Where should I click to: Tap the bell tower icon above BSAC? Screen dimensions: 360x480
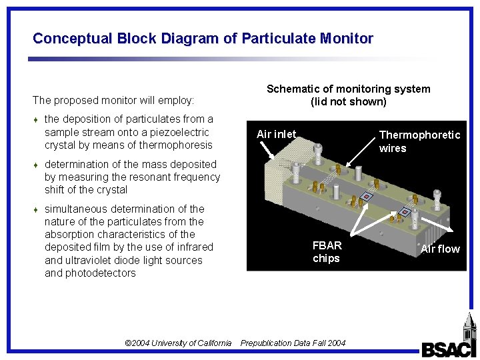[x=469, y=327]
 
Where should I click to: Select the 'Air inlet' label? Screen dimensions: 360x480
[x=276, y=134]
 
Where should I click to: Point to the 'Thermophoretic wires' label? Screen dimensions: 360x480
[x=419, y=141]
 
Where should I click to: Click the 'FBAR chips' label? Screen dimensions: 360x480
[x=327, y=252]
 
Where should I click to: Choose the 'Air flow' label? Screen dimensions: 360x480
[x=440, y=249]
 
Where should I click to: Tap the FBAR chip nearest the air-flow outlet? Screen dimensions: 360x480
[x=404, y=213]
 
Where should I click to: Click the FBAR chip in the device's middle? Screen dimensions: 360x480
[x=365, y=197]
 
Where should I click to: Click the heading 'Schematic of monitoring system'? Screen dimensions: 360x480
[x=348, y=89]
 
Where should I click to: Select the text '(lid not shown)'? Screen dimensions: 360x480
[x=348, y=102]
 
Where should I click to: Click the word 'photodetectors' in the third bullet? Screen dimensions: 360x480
[x=90, y=273]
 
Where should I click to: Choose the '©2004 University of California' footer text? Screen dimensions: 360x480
[x=178, y=343]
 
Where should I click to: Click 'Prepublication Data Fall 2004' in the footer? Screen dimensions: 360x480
[x=293, y=343]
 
